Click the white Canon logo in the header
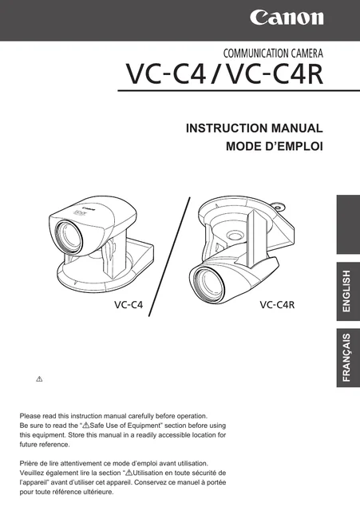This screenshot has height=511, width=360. click(287, 18)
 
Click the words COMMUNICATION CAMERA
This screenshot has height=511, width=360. click(273, 53)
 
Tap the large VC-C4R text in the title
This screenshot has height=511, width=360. click(275, 74)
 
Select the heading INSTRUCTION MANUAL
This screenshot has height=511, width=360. click(254, 128)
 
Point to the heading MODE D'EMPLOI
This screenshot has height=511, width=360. click(275, 146)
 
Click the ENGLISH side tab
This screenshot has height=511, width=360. click(348, 291)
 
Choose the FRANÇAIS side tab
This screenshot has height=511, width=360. click(348, 358)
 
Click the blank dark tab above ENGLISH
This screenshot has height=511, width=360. click(348, 224)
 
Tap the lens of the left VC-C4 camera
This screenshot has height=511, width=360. click(69, 236)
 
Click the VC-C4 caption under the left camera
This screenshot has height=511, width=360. click(129, 305)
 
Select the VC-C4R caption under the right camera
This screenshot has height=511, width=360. click(277, 305)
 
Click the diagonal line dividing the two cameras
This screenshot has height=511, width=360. click(169, 256)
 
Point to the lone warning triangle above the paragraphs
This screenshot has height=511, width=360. click(39, 379)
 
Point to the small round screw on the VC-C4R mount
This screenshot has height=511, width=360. click(279, 206)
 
